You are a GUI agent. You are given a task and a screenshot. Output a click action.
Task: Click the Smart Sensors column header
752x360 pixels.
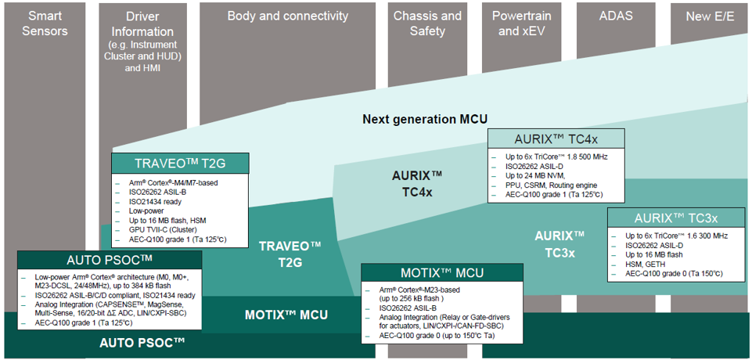[x=45, y=23]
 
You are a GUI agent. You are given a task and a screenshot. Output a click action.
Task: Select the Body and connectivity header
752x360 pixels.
[x=287, y=16]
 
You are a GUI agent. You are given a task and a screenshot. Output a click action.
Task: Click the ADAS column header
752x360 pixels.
[x=615, y=16]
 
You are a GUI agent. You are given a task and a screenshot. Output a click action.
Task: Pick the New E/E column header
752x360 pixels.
[x=708, y=16]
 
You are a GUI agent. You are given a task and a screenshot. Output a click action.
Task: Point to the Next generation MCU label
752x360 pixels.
[x=425, y=119]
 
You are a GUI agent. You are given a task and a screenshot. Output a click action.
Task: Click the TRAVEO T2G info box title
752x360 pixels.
[x=180, y=164]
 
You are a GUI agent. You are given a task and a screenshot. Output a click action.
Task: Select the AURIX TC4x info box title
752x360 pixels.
[x=556, y=139]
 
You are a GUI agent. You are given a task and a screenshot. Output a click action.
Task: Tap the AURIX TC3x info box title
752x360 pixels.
[x=677, y=218]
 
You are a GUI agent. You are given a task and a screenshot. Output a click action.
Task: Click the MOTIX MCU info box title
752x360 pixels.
[x=442, y=273]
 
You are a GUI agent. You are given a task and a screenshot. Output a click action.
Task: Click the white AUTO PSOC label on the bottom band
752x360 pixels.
[x=142, y=343]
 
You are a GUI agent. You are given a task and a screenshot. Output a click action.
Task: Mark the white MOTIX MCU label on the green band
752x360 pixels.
[x=286, y=315]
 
